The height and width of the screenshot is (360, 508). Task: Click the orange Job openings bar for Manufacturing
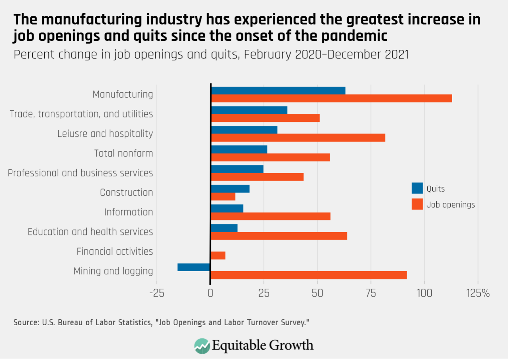click(331, 98)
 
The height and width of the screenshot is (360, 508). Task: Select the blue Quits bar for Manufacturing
click(278, 91)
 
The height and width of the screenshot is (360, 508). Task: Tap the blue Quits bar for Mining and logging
click(194, 267)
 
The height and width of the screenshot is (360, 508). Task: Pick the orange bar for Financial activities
click(218, 255)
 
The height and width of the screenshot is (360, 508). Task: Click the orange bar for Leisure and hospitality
click(298, 138)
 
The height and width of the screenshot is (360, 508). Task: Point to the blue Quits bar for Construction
click(230, 189)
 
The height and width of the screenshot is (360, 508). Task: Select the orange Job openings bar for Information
click(271, 216)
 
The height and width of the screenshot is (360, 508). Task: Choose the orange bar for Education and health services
click(279, 236)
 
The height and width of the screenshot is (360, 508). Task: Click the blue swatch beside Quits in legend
click(417, 188)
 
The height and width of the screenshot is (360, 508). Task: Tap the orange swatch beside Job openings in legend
click(417, 204)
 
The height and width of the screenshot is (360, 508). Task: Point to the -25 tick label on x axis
click(157, 293)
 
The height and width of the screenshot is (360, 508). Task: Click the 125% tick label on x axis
click(478, 293)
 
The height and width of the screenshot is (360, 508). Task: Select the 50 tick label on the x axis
click(317, 293)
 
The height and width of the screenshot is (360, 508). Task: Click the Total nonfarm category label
click(123, 153)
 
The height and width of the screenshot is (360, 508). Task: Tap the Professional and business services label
click(80, 173)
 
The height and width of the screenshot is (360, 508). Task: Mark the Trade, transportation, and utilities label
click(81, 114)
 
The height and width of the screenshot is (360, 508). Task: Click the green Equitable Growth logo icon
click(202, 346)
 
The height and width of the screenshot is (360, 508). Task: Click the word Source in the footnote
click(26, 322)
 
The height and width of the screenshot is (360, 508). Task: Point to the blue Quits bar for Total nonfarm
click(239, 149)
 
